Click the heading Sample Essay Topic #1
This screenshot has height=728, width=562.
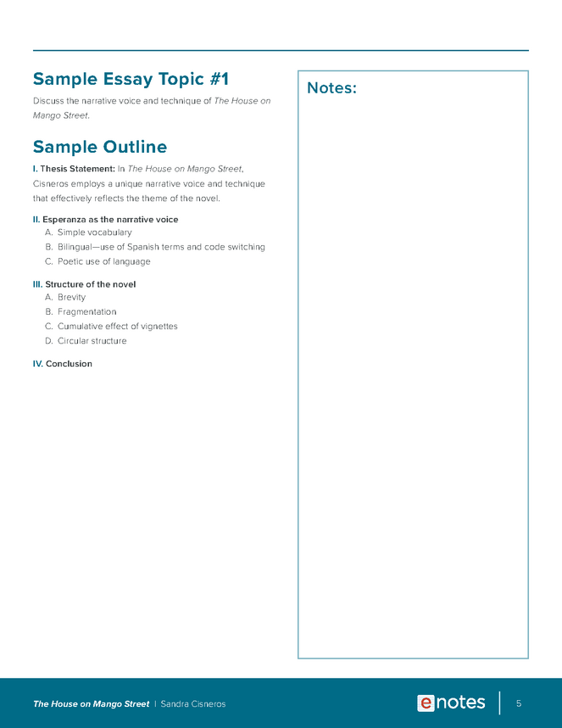tap(131, 80)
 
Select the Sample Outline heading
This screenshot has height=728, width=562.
tap(99, 147)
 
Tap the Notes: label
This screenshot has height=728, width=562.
tap(331, 88)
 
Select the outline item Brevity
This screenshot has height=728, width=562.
tap(71, 298)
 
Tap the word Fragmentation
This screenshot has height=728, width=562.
tap(86, 312)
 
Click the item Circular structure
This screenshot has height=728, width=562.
tap(92, 341)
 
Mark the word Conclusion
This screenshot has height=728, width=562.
tap(69, 364)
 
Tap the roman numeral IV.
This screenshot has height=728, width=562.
tap(37, 364)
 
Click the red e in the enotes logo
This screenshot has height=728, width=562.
tap(426, 703)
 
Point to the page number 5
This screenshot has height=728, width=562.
tap(518, 703)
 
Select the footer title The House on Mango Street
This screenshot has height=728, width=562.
tap(91, 704)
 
